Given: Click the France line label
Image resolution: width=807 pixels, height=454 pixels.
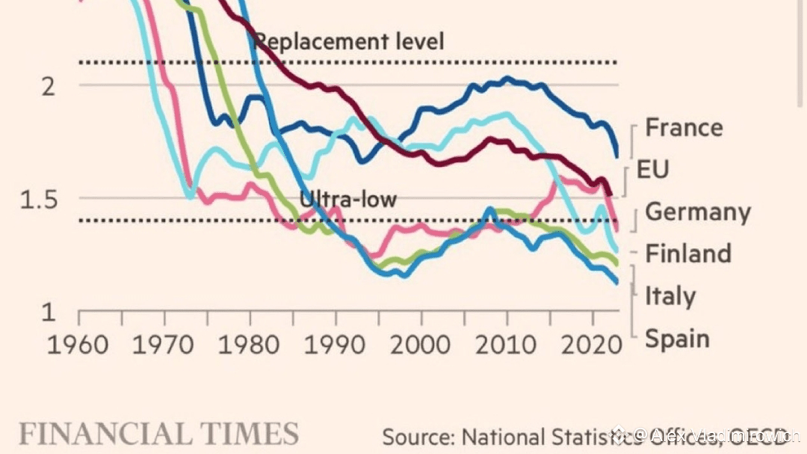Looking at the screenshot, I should click(x=684, y=127).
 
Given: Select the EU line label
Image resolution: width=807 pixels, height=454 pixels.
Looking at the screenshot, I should click(x=652, y=169).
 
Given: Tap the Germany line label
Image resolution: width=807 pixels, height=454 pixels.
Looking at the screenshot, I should click(x=697, y=212).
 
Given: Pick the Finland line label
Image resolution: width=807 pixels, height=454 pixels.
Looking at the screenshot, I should click(x=688, y=254).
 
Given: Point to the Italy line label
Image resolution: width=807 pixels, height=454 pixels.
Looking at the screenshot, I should click(x=670, y=296).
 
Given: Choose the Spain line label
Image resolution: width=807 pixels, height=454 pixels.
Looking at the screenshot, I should click(x=677, y=339).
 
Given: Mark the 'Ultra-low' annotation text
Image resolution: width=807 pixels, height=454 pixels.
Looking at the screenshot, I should click(x=348, y=199).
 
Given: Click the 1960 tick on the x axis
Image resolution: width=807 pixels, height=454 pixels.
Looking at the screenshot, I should click(x=80, y=345).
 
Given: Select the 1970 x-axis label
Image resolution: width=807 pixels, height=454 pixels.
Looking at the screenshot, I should click(x=164, y=345).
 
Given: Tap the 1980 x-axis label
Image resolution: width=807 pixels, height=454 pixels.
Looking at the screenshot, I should click(x=250, y=345).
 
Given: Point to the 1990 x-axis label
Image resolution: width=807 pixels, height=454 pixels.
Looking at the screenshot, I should click(x=336, y=345).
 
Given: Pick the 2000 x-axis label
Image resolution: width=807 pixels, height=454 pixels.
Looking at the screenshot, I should click(x=421, y=345).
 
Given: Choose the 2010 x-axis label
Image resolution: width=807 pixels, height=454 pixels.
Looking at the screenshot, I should click(x=507, y=345).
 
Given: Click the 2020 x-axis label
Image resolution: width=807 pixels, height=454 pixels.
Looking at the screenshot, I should click(x=592, y=345).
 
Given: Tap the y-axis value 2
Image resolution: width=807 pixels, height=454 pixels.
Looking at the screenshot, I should click(x=49, y=86).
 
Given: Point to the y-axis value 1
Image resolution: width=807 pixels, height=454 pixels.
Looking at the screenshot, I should click(x=48, y=312).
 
